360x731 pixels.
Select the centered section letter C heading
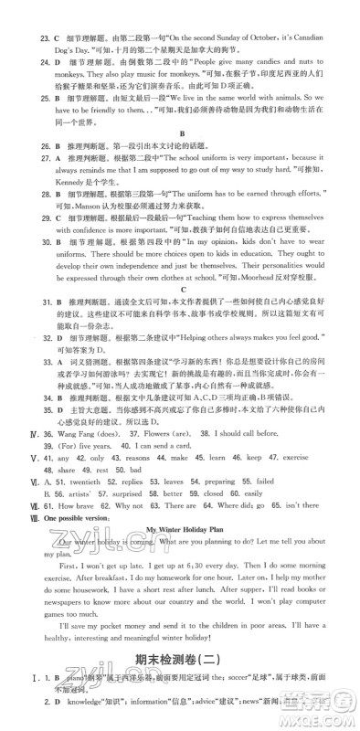(x=179, y=363)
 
